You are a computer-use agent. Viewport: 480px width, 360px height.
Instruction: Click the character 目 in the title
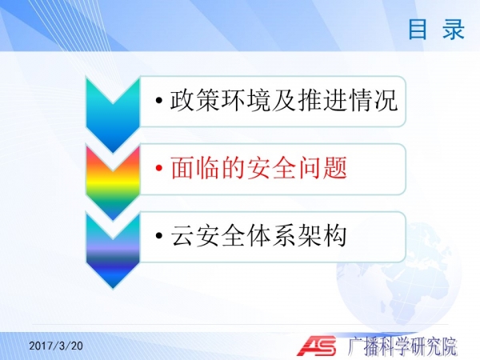coord(418,29)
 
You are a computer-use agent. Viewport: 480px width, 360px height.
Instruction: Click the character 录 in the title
coord(454,29)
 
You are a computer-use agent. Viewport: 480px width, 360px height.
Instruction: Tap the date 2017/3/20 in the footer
coord(56,346)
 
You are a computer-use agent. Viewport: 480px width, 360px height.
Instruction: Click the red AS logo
coord(317,346)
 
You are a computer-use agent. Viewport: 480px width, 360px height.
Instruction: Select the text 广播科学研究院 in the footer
coord(402,346)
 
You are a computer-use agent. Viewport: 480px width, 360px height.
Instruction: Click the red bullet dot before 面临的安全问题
coord(158,168)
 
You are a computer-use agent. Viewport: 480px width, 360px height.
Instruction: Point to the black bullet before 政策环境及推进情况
coord(158,100)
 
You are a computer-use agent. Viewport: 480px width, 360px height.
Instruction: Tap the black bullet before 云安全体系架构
coord(158,235)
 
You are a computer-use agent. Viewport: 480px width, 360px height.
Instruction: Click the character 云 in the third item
coord(182,235)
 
